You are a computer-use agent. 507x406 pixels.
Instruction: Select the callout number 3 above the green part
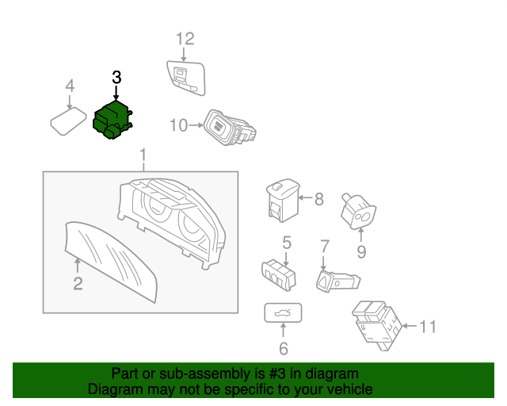(116, 78)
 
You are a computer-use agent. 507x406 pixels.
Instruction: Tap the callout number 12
(184, 38)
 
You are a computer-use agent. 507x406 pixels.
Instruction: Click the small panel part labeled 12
(185, 76)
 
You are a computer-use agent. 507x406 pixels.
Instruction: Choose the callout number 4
(70, 86)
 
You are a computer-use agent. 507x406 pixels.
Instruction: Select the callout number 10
(178, 124)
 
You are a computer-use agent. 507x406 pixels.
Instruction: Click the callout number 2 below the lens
(78, 284)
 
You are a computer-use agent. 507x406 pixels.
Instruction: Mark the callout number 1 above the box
(143, 153)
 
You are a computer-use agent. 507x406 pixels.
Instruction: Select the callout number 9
(361, 253)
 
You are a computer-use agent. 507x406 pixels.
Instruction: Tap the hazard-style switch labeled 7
(337, 280)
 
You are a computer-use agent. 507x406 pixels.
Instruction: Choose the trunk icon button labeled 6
(282, 315)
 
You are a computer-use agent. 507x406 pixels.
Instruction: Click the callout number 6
(283, 347)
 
